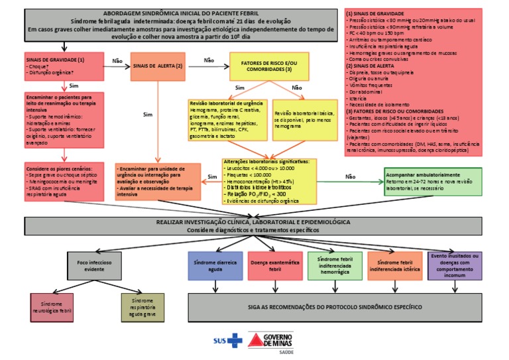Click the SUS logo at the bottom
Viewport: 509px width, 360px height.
point(226,341)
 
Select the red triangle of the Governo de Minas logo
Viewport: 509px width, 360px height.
point(255,341)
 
